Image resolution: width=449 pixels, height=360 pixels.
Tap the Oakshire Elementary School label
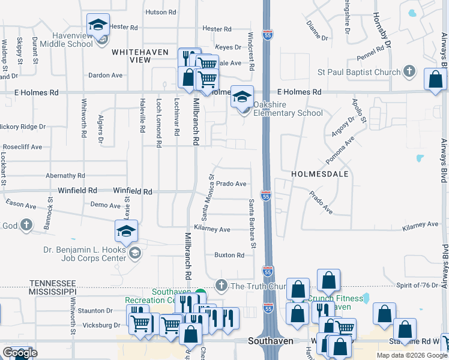(288, 109)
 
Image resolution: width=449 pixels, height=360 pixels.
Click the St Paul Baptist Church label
(359, 73)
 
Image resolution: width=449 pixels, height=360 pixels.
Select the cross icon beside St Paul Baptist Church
(409, 73)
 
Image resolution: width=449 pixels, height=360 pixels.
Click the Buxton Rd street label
(229, 255)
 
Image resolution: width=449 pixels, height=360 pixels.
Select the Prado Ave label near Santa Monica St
(232, 184)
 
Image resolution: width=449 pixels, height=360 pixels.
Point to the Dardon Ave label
(105, 76)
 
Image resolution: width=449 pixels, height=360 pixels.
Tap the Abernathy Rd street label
(65, 176)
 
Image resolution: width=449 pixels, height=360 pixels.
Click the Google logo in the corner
(19, 353)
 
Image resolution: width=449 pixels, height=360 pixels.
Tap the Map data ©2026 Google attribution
(412, 355)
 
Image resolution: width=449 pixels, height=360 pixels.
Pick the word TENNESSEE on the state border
(52, 283)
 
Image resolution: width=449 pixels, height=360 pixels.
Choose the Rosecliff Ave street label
(22, 146)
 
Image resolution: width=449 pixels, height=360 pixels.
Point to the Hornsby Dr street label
(381, 30)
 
